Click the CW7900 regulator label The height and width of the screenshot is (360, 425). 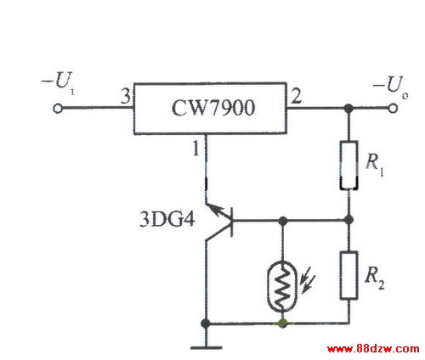coord(213,108)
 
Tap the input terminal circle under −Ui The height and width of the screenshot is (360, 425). coord(58,109)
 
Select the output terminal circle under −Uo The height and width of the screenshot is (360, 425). coord(393,109)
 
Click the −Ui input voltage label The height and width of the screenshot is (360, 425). coord(59,82)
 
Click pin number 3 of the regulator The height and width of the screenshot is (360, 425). coord(126,96)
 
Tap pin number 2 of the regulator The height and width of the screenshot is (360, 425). coord(297,96)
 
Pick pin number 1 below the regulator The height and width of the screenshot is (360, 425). coord(196,149)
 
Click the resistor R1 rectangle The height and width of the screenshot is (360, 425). coord(348,165)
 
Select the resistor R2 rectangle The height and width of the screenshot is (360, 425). coord(348,275)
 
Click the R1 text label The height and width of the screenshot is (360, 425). coord(375,165)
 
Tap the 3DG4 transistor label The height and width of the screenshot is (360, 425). coord(167,219)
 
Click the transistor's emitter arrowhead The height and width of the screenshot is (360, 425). coord(216,211)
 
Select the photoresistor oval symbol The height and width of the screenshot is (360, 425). coord(282,287)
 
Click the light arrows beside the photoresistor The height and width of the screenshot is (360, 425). coord(308,279)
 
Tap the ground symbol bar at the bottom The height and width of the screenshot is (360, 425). coord(207,348)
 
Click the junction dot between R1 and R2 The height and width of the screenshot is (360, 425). coord(349,220)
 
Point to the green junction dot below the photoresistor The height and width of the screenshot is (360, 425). coord(282,323)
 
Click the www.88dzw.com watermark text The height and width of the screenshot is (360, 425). coord(373,349)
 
